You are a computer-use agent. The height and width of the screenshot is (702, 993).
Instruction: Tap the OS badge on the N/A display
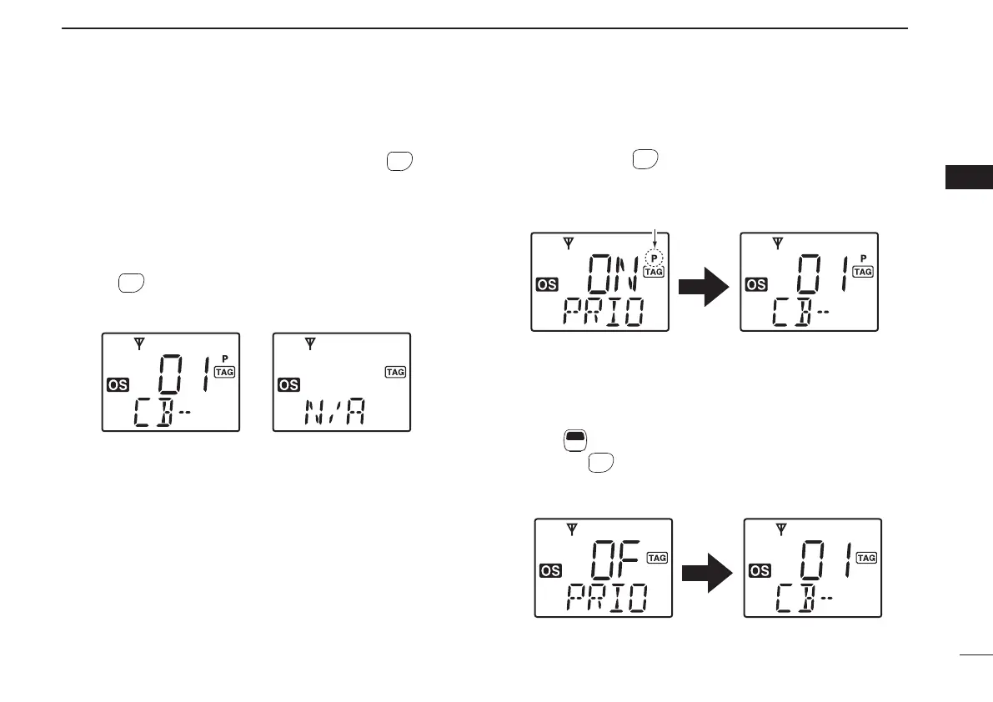tap(288, 384)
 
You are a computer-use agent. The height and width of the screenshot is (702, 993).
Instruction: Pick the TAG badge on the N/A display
tap(395, 372)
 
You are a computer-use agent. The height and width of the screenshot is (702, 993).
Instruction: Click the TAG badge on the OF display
tap(657, 558)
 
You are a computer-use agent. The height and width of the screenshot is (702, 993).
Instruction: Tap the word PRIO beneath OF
tap(606, 599)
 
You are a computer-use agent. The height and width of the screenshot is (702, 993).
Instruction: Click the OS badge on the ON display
tap(548, 285)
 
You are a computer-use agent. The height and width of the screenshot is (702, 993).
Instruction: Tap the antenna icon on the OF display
tap(572, 529)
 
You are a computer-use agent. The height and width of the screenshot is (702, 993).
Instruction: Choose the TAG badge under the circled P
tap(654, 272)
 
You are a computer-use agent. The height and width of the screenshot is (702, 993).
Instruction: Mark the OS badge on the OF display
tap(550, 571)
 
